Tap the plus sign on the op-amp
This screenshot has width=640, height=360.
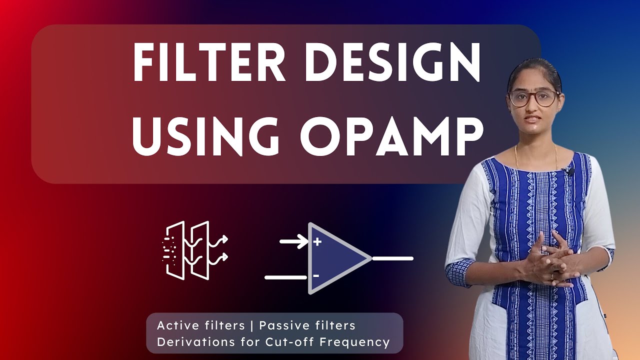(316, 242)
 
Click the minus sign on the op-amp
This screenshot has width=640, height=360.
(316, 275)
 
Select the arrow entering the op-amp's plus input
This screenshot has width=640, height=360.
(293, 242)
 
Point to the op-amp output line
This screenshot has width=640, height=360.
(393, 258)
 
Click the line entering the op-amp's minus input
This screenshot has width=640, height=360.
(285, 276)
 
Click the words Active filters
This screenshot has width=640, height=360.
(200, 325)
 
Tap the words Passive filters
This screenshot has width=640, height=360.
(307, 325)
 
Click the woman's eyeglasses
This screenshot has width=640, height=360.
(533, 97)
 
